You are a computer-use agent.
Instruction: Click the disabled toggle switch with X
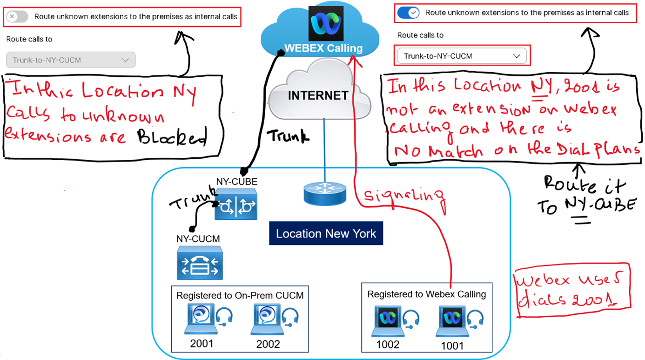coord(17,17)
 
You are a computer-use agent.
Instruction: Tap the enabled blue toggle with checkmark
coord(408,13)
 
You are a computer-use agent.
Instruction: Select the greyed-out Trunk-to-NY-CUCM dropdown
coord(71,60)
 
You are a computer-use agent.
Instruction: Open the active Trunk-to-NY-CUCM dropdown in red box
coord(462,56)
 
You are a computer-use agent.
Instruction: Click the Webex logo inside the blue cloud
coord(326,23)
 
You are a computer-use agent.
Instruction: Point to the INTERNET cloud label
coord(318,95)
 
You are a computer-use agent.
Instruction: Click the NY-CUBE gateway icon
coord(236,204)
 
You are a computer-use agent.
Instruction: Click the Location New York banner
coord(326,233)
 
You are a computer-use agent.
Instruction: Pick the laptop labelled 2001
coord(201,319)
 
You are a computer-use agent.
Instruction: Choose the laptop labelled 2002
coord(267,319)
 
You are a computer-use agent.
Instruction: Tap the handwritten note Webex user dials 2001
coord(572,292)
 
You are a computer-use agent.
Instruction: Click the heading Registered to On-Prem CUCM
coord(240,295)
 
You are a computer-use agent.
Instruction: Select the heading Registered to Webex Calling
coord(426,294)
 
